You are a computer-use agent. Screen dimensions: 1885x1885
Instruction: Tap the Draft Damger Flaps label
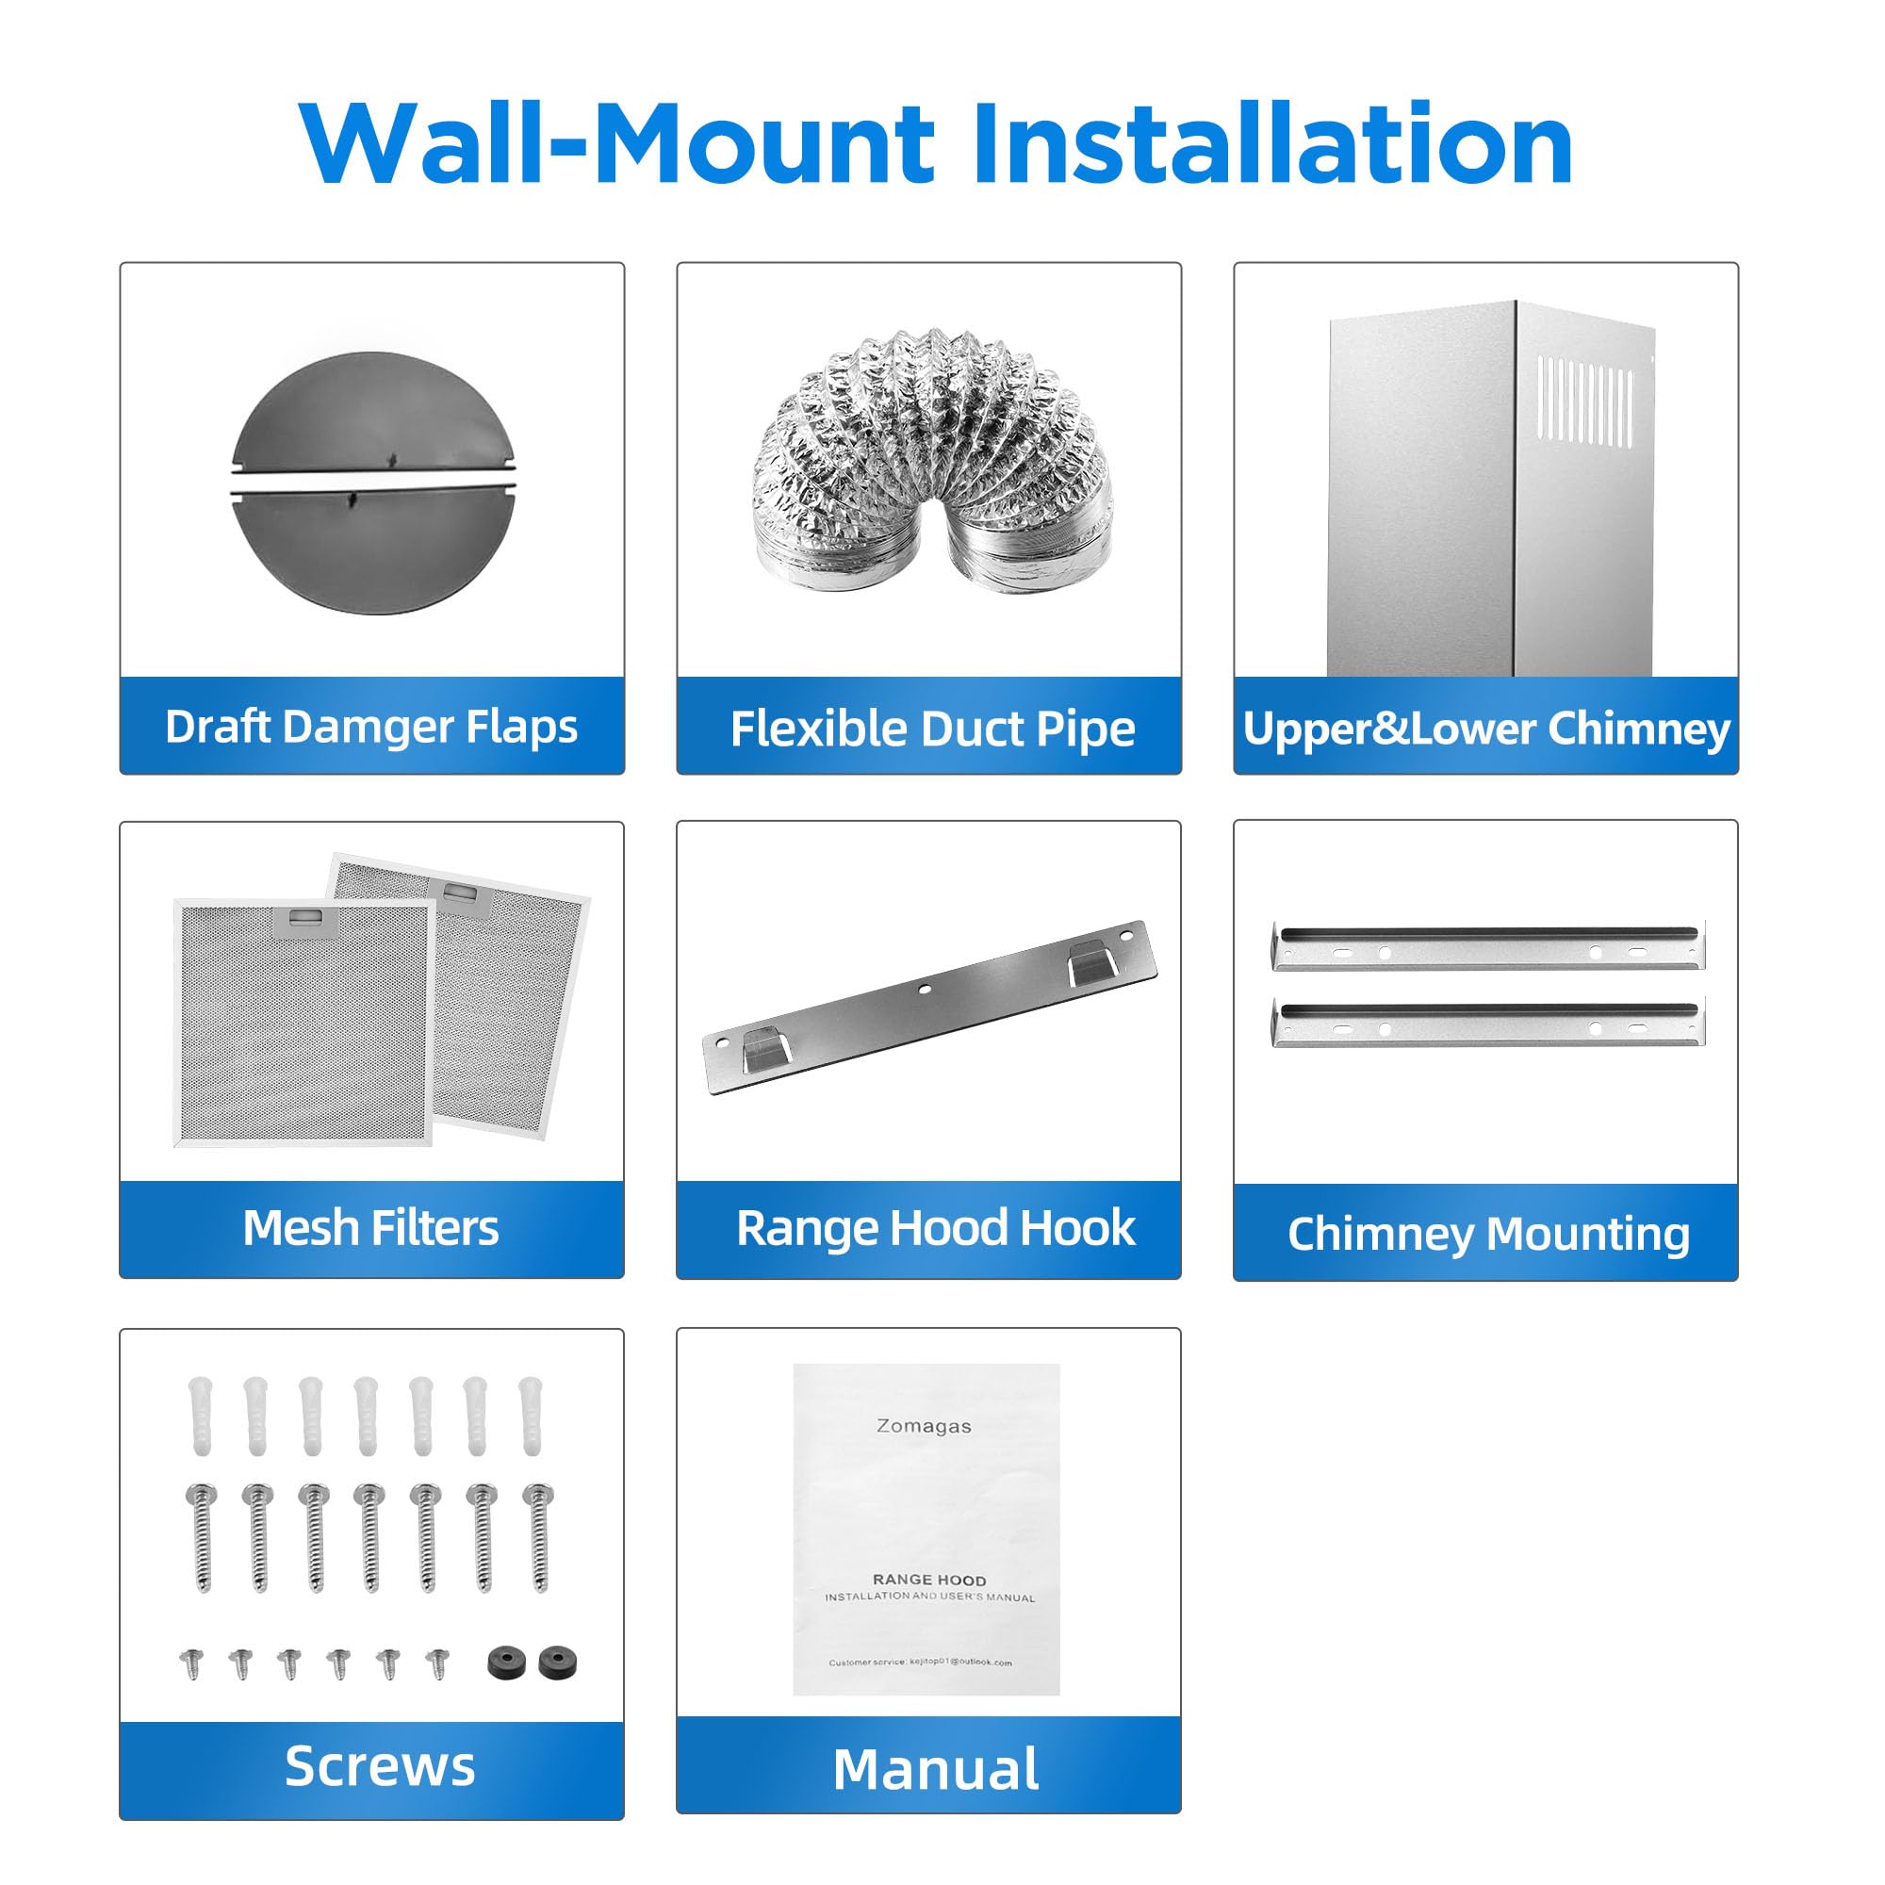coord(370,727)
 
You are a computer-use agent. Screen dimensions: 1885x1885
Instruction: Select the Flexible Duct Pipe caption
coord(933,729)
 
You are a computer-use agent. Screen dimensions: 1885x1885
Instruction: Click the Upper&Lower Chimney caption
coord(1486,729)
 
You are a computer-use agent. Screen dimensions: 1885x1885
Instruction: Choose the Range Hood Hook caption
coord(936,1227)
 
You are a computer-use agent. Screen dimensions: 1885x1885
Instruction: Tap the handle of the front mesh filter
coord(305,918)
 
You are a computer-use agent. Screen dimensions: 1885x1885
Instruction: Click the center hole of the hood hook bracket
coord(925,990)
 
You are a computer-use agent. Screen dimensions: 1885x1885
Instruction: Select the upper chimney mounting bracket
coord(1488,945)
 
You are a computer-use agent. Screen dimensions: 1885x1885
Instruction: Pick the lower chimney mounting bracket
coord(1488,1023)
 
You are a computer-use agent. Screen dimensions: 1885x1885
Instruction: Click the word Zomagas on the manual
coord(923,1425)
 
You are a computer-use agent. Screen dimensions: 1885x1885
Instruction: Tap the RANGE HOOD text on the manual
coord(929,1580)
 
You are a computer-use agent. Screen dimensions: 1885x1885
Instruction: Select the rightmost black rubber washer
coord(557,1662)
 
